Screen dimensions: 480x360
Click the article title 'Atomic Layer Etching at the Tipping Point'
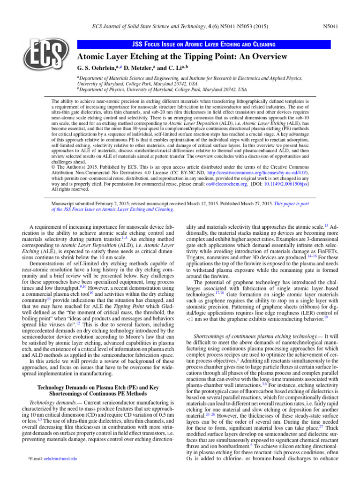pyautogui.click(x=182, y=57)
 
